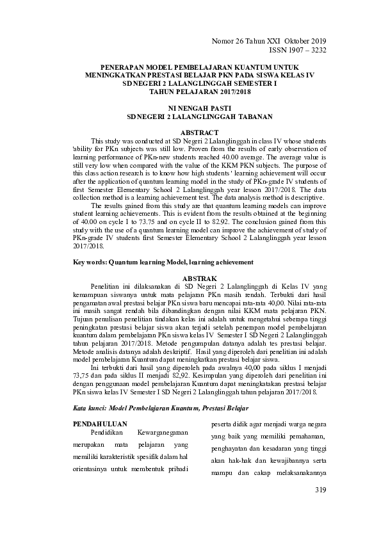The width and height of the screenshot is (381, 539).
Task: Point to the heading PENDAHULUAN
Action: [100, 423]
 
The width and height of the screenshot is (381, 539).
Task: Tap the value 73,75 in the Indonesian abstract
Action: [83, 375]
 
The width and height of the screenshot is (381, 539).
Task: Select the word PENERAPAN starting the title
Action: [123, 67]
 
